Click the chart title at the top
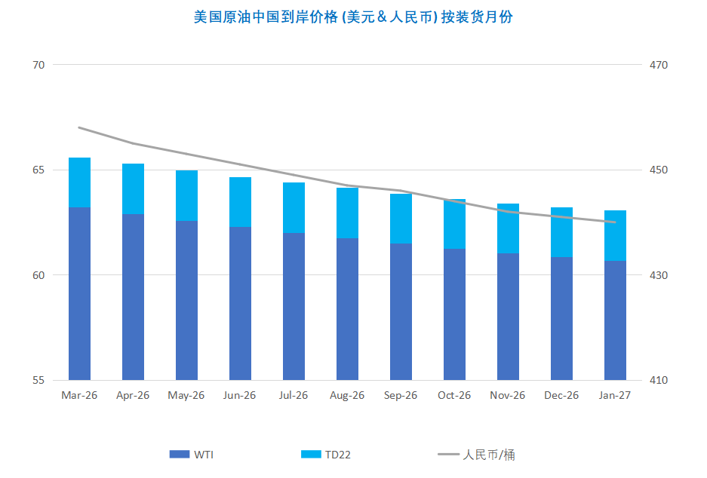(x=353, y=17)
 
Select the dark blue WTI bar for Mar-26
(x=79, y=293)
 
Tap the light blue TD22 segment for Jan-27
(x=615, y=236)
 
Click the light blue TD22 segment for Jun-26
(x=240, y=202)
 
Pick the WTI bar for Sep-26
(x=401, y=311)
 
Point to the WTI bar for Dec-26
(x=561, y=318)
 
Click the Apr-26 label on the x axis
(x=133, y=395)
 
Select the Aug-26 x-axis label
(x=347, y=395)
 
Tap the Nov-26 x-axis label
(x=508, y=395)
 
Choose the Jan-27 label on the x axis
(x=615, y=395)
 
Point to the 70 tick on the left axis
(x=38, y=65)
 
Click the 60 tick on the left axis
(x=38, y=275)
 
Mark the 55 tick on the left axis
(x=38, y=380)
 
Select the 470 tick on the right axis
(x=659, y=65)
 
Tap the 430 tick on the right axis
(x=659, y=275)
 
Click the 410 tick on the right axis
(x=659, y=380)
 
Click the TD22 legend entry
(x=326, y=455)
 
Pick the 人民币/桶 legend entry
(x=477, y=455)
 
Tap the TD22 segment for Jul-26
(x=294, y=208)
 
